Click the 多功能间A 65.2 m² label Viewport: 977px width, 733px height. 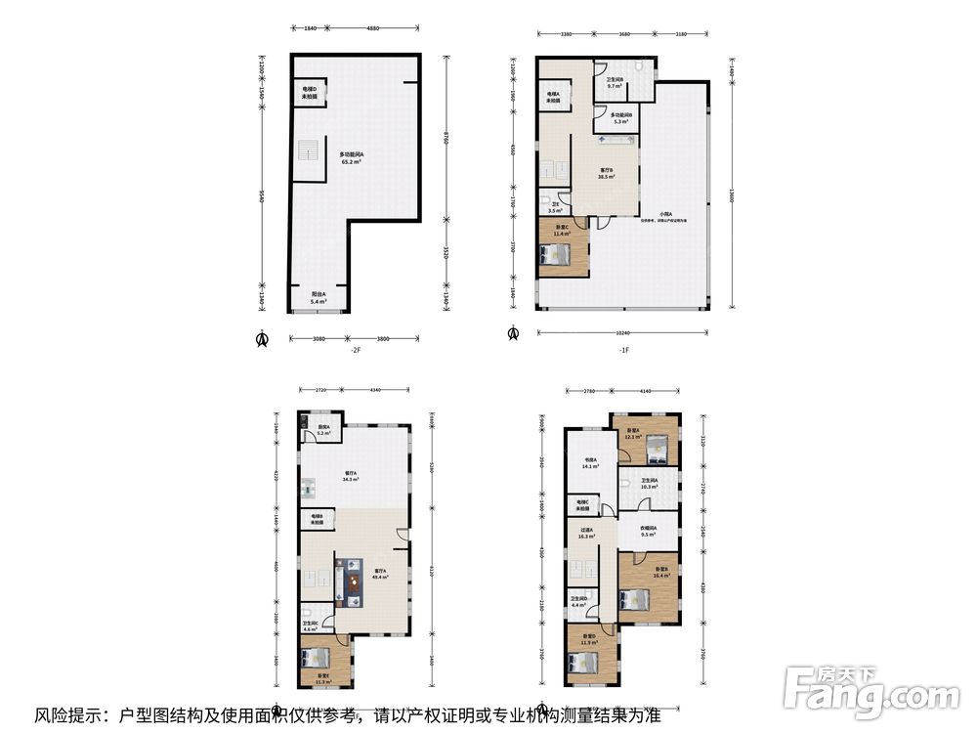point(351,158)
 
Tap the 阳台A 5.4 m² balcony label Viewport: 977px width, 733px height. point(319,298)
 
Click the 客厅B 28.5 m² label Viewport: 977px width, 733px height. point(606,174)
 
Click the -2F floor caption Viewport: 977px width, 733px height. point(357,349)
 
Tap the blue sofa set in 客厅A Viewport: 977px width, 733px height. point(350,577)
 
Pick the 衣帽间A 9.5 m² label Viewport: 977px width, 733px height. point(648,532)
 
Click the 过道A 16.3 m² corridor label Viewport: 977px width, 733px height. point(586,533)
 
